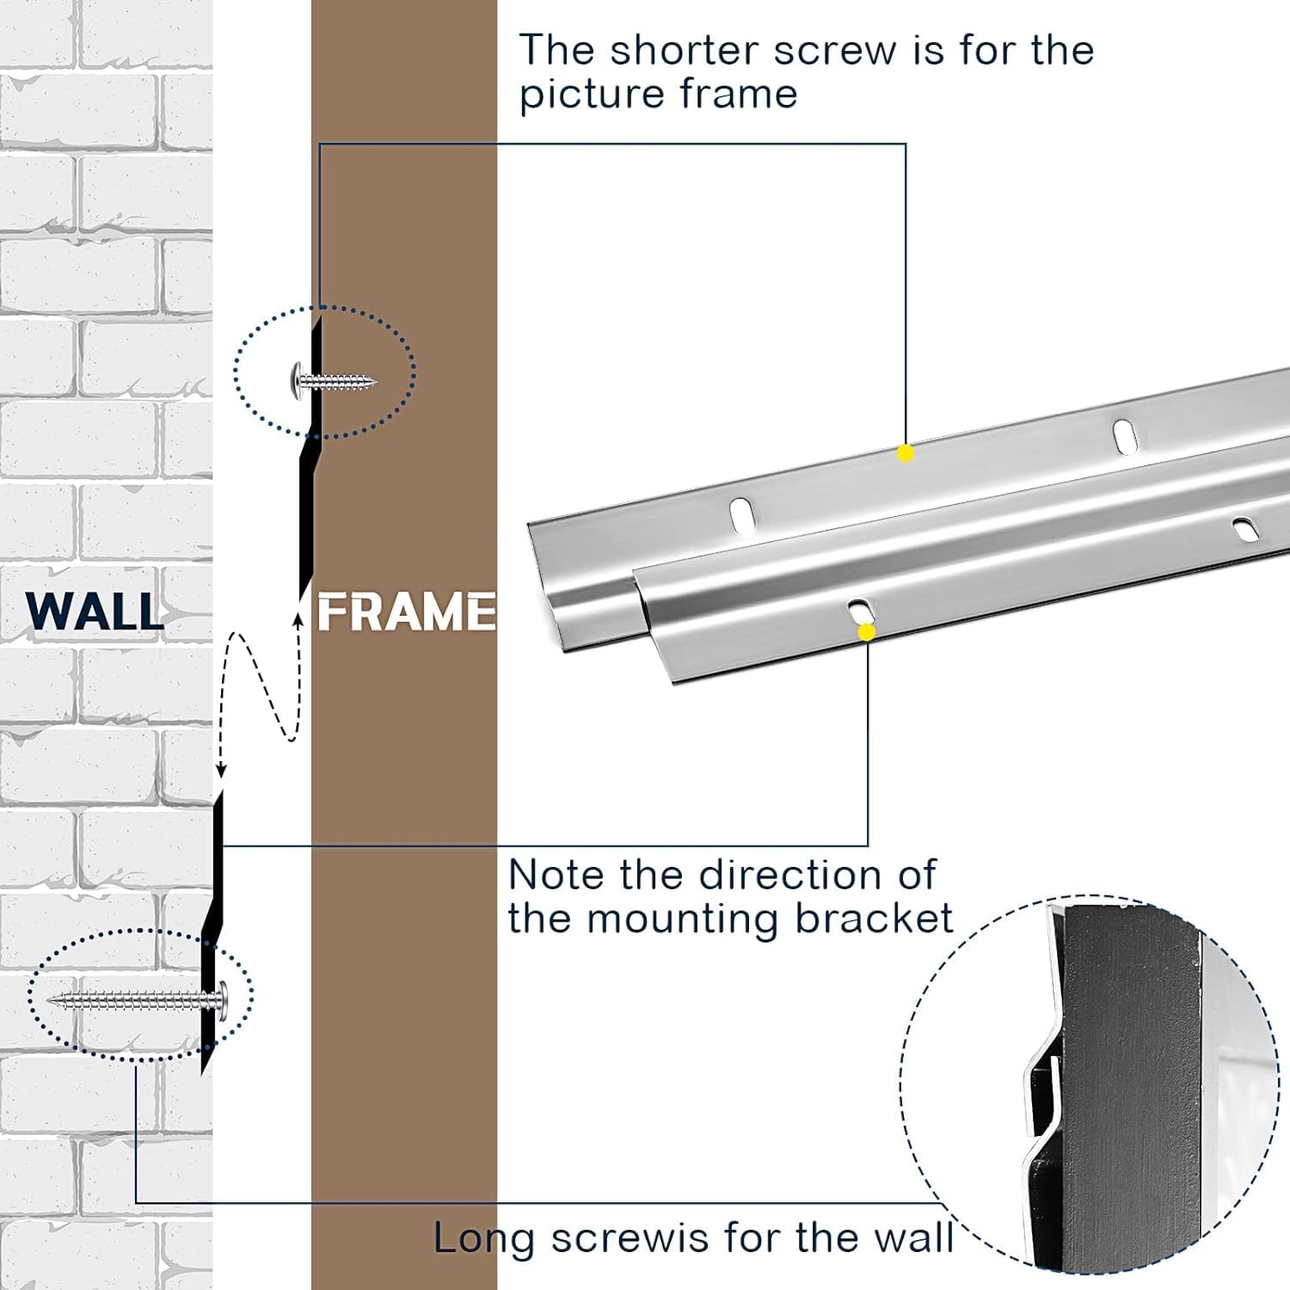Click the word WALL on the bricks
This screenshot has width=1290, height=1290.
coord(95,611)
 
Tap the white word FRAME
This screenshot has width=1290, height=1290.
coord(407,612)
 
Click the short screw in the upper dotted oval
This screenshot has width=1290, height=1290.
coord(335,378)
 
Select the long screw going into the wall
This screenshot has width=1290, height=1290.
coord(138,999)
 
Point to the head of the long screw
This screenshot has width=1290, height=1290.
coord(222,999)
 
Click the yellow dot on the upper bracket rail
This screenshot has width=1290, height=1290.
coord(905,453)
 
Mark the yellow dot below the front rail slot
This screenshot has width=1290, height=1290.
coord(867,632)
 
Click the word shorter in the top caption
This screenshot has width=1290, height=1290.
coord(681,50)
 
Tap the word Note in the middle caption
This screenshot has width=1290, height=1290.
coord(557,875)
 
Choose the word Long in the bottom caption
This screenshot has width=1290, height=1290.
coord(485,1238)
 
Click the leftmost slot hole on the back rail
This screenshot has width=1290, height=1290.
coord(740,514)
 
